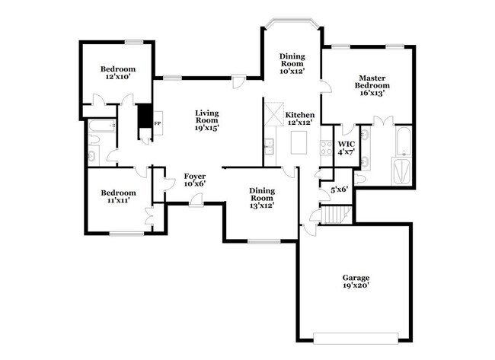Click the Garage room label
pos(356,282)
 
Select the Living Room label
pos(206,119)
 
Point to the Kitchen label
pos(299,119)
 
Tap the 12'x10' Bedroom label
pos(117,73)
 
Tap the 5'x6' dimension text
pos(338,189)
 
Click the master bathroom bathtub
pos(402,141)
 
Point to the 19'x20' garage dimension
pos(356,286)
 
